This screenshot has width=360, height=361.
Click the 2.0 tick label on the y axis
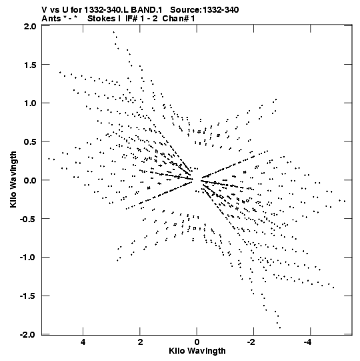click(30, 26)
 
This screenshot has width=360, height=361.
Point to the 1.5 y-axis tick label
click(30, 65)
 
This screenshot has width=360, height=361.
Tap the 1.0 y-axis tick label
click(30, 103)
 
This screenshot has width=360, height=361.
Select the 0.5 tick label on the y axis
click(30, 141)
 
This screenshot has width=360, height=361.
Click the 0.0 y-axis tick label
click(30, 180)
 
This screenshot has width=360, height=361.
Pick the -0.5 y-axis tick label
click(28, 219)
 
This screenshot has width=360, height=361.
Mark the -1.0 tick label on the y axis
click(28, 257)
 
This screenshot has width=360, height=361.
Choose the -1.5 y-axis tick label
click(28, 296)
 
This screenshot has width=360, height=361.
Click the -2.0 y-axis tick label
click(28, 334)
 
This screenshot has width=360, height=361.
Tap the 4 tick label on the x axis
click(83, 342)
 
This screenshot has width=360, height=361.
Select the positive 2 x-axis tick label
click(140, 342)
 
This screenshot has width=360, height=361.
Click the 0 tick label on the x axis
click(197, 342)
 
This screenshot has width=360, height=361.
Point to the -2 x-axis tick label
click(252, 342)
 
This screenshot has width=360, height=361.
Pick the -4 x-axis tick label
click(308, 342)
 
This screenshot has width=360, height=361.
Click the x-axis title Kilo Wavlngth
click(197, 351)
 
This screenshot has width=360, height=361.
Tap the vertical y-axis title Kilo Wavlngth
click(13, 179)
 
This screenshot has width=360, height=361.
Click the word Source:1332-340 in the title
click(204, 10)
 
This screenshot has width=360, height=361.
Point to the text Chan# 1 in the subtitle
click(179, 19)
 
